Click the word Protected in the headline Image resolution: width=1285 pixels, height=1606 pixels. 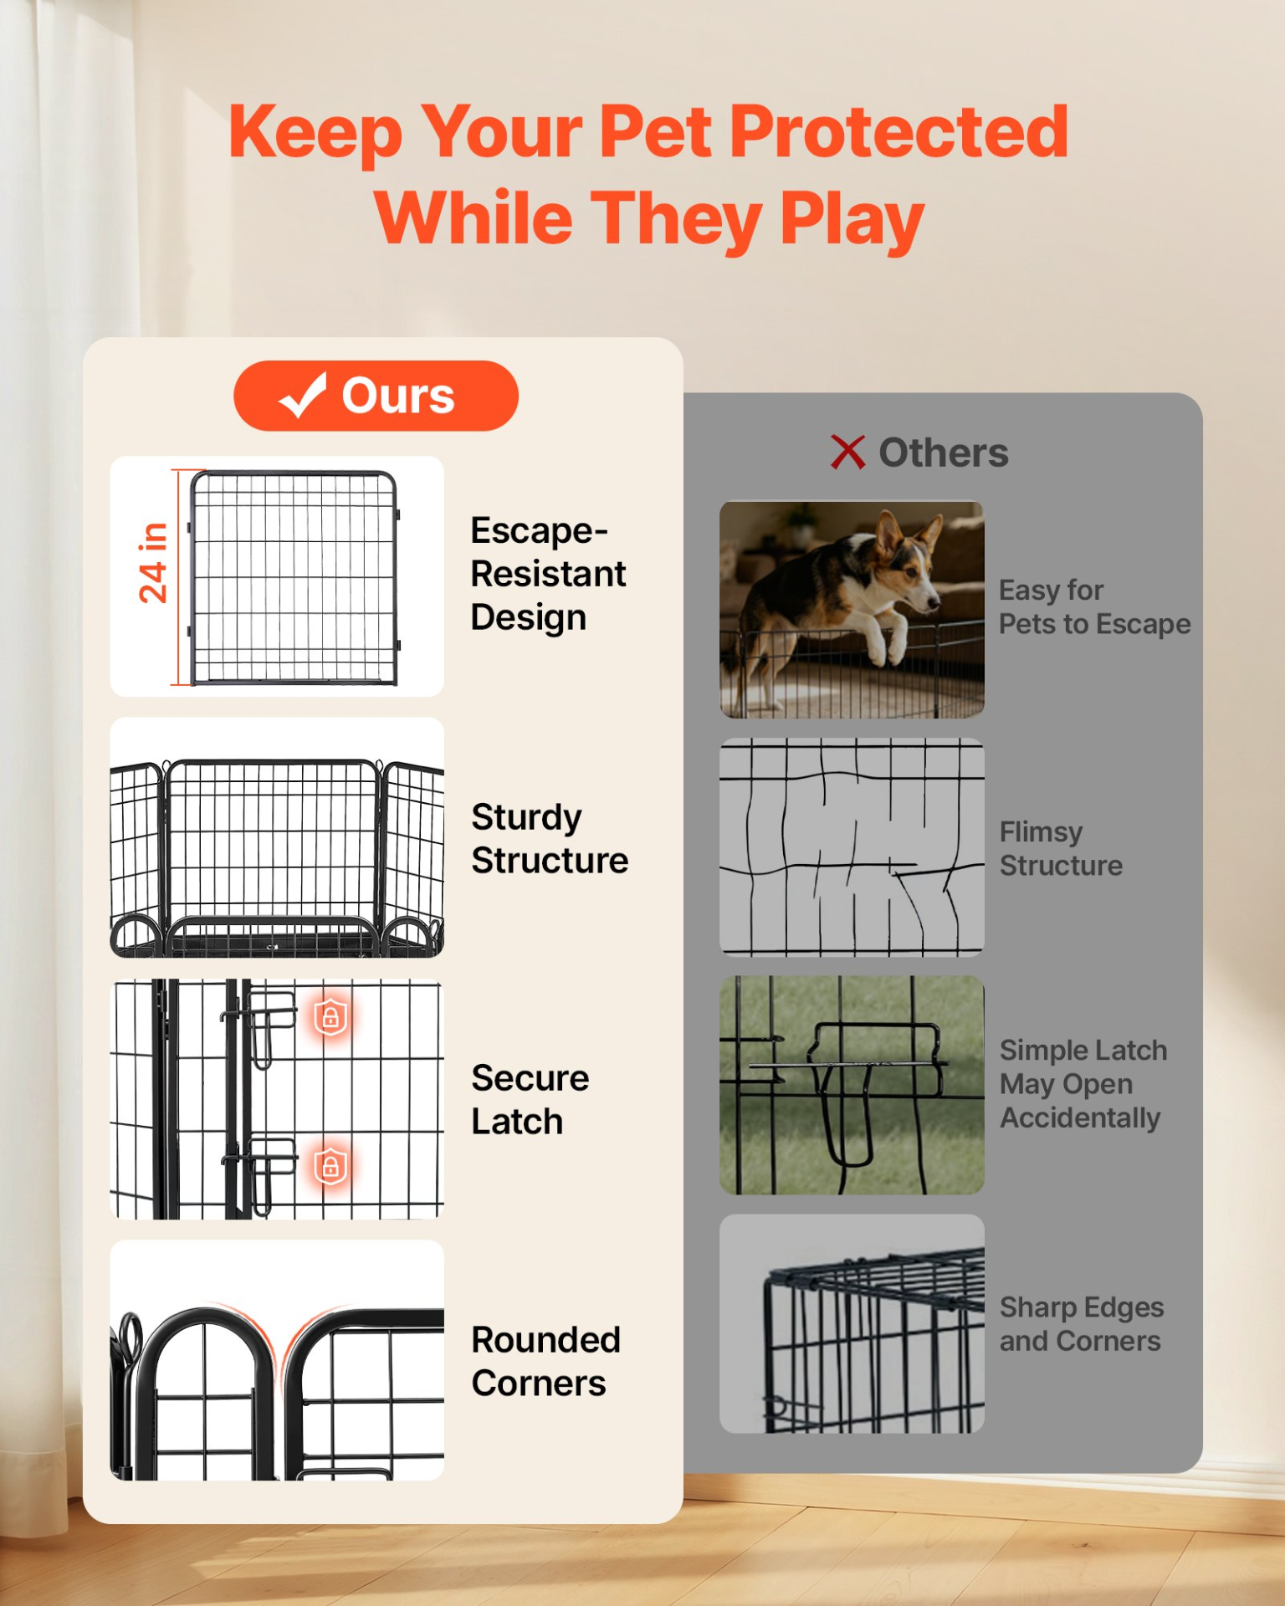click(x=899, y=131)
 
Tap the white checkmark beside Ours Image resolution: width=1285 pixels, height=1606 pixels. click(x=302, y=396)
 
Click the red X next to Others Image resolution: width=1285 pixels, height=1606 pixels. click(x=847, y=452)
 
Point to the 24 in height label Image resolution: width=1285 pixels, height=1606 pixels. click(x=153, y=563)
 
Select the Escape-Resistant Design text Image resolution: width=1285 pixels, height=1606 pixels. click(x=548, y=574)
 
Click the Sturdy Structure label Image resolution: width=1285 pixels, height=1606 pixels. click(x=550, y=839)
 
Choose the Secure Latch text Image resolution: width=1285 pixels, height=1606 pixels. click(x=530, y=1099)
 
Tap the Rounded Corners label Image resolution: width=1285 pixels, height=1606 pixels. click(x=545, y=1361)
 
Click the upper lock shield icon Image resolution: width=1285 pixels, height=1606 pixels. click(x=330, y=1017)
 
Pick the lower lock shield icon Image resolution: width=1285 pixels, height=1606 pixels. click(x=330, y=1166)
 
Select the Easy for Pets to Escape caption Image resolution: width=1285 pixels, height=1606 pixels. click(x=1094, y=607)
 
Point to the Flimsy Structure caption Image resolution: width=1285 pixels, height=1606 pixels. click(x=1061, y=848)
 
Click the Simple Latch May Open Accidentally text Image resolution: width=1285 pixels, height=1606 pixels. click(x=1083, y=1084)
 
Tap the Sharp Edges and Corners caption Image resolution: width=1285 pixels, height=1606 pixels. click(x=1081, y=1324)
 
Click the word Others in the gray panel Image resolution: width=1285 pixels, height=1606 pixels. click(x=944, y=453)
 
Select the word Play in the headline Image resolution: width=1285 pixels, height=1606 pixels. click(x=852, y=219)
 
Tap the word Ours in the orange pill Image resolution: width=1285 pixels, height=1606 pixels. click(x=398, y=396)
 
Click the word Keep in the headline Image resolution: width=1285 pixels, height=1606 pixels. click(x=315, y=132)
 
